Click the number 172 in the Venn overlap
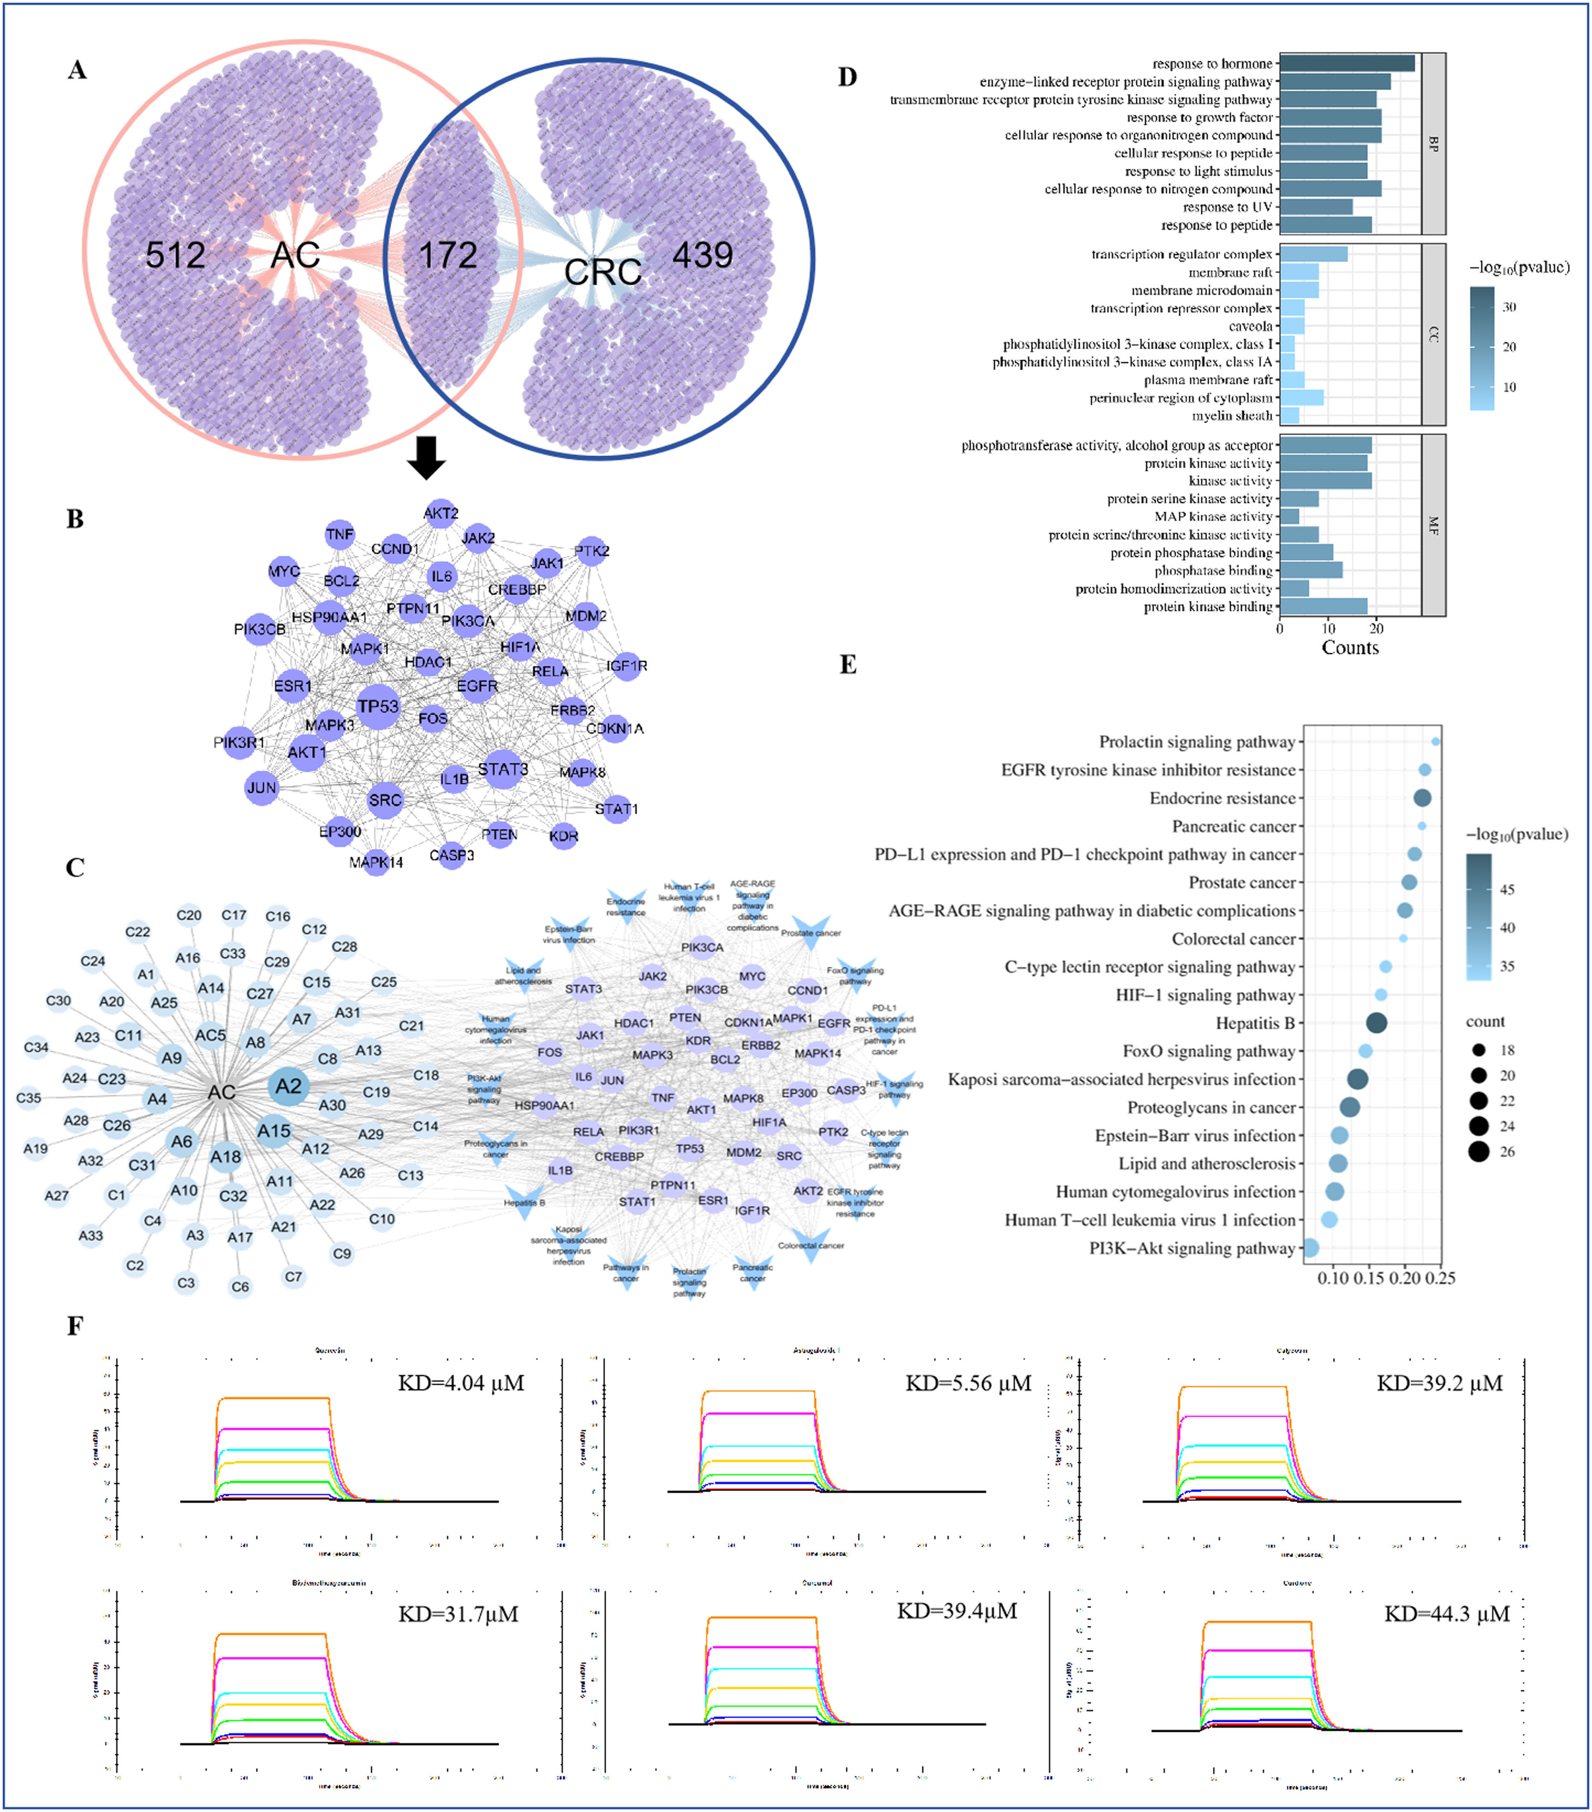point(448,255)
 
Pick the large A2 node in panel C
point(288,1086)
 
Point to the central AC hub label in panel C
point(222,1092)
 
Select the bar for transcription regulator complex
point(1313,254)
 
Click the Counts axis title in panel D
point(1350,648)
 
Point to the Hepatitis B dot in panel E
point(1376,1023)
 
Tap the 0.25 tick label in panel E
point(1440,1278)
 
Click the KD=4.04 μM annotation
point(461,1383)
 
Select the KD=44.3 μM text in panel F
point(1447,1613)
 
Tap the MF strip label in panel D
point(1433,526)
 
